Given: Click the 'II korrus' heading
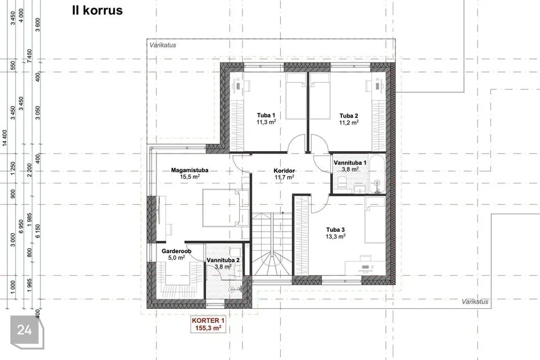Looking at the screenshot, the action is tap(97, 10).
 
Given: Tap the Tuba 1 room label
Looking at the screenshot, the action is tap(266, 115).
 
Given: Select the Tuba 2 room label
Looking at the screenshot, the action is tap(349, 116).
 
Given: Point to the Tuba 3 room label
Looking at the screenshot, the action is tap(335, 229).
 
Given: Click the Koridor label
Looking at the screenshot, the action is tap(284, 170).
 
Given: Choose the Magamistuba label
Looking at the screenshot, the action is tap(190, 170).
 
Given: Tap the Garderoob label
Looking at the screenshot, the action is tap(176, 251).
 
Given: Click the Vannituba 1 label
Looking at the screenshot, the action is tap(350, 163).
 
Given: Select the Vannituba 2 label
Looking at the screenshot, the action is tap(223, 260).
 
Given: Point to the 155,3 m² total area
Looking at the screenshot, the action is tap(208, 328).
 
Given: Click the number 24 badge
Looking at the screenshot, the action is tap(24, 330).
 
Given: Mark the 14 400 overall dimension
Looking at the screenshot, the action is tap(4, 138).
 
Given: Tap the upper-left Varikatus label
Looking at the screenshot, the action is tap(163, 45).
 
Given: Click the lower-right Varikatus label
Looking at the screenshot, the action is tap(475, 301).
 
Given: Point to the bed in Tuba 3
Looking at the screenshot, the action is tap(375, 220).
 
